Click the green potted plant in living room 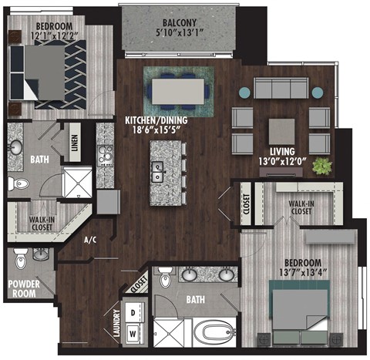321,165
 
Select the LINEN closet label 75,144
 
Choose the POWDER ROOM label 25,287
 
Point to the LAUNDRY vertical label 116,324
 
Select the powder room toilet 21,258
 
